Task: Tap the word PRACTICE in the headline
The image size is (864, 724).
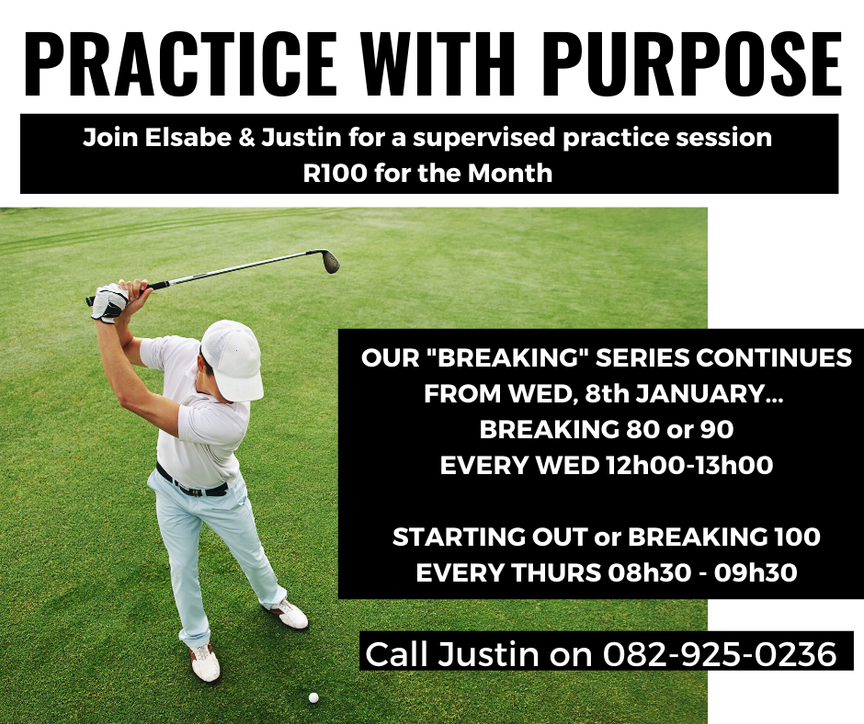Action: pyautogui.click(x=179, y=64)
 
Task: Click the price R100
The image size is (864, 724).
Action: pyautogui.click(x=335, y=174)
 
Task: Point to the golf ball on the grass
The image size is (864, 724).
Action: pyautogui.click(x=313, y=697)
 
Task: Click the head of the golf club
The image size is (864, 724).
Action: pyautogui.click(x=330, y=261)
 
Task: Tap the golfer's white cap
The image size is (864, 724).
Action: pyautogui.click(x=233, y=358)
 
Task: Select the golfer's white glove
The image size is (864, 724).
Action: pyautogui.click(x=110, y=302)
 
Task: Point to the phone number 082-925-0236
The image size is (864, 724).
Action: pyautogui.click(x=720, y=654)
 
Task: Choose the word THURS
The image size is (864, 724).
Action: pyautogui.click(x=556, y=573)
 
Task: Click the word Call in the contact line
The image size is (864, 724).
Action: pyautogui.click(x=396, y=654)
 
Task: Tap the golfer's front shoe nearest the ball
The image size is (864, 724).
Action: pyautogui.click(x=205, y=662)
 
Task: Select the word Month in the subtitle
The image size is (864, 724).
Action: pyautogui.click(x=510, y=174)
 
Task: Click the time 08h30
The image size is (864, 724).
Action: pyautogui.click(x=649, y=573)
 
